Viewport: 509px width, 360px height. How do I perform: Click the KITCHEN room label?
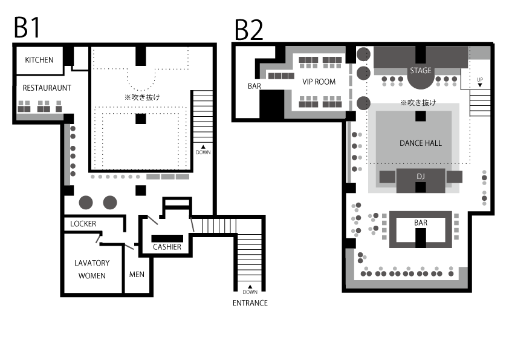pyautogui.click(x=39, y=60)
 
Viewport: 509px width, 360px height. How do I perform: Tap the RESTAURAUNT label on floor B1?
pyautogui.click(x=47, y=88)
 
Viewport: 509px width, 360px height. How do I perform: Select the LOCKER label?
pyautogui.click(x=83, y=224)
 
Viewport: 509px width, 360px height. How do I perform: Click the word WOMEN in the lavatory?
pyautogui.click(x=92, y=276)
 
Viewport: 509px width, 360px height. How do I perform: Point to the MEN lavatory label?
pyautogui.click(x=137, y=275)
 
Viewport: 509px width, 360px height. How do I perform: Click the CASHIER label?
pyautogui.click(x=167, y=247)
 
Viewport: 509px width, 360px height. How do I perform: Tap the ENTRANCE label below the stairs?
pyautogui.click(x=250, y=303)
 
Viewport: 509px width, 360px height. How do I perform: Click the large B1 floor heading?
pyautogui.click(x=27, y=28)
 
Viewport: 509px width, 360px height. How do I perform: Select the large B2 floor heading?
pyautogui.click(x=248, y=30)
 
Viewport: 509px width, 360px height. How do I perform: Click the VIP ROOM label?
pyautogui.click(x=319, y=82)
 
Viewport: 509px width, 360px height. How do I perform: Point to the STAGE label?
pyautogui.click(x=420, y=71)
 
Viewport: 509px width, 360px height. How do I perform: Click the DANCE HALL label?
pyautogui.click(x=420, y=143)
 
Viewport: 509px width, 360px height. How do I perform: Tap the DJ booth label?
pyautogui.click(x=420, y=177)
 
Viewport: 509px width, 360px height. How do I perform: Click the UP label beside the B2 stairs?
pyautogui.click(x=480, y=80)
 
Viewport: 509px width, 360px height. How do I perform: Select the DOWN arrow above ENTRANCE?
pyautogui.click(x=250, y=287)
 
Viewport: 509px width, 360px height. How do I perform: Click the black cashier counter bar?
pyautogui.click(x=167, y=238)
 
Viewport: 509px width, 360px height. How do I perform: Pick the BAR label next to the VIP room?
pyautogui.click(x=254, y=86)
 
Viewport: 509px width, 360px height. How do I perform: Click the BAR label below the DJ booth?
pyautogui.click(x=420, y=223)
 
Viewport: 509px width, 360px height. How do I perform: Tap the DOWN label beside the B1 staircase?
pyautogui.click(x=203, y=152)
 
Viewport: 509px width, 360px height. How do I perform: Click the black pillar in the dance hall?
pyautogui.click(x=420, y=116)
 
